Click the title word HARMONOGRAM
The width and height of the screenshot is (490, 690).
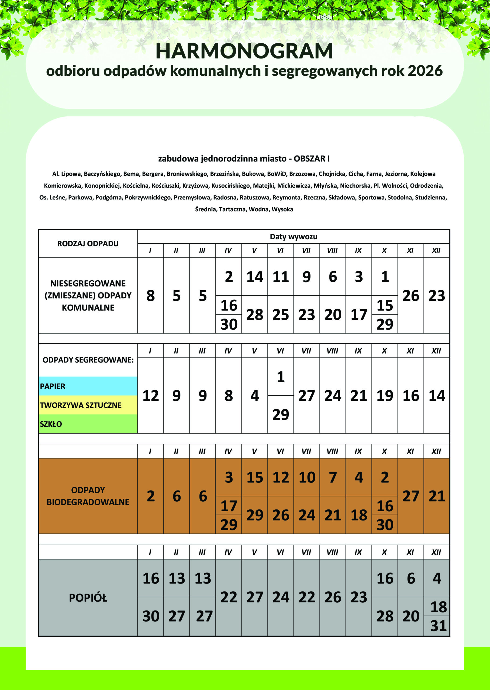[244, 51]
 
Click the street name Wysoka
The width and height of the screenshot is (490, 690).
[282, 209]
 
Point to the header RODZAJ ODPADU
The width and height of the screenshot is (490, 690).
[88, 243]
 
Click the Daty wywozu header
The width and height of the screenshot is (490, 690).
[293, 237]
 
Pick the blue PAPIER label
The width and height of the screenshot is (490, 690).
[53, 386]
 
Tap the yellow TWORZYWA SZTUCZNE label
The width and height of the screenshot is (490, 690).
[81, 405]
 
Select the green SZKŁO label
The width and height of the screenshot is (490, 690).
[51, 424]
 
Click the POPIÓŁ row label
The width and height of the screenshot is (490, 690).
[88, 598]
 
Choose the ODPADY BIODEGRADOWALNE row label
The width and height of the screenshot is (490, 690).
[88, 496]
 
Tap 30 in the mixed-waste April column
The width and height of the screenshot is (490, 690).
[229, 324]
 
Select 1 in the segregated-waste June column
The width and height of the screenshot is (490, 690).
[281, 377]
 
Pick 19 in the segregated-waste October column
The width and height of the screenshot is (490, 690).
[385, 396]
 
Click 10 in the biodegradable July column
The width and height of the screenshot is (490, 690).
[307, 477]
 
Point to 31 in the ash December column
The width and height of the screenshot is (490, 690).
[438, 626]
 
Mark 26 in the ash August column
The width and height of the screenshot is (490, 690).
[333, 597]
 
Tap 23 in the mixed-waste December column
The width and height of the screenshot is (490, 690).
[437, 296]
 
